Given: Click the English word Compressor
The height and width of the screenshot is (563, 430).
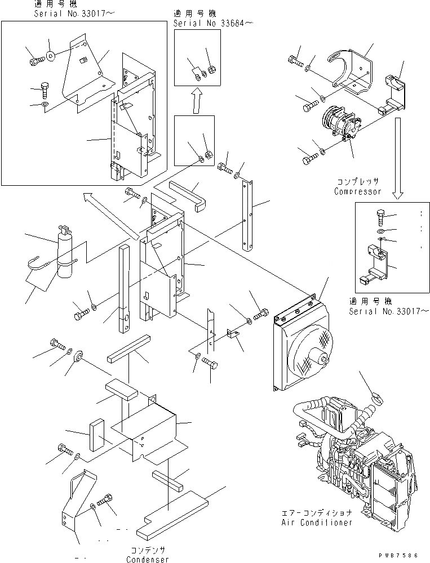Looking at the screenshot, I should [357, 191].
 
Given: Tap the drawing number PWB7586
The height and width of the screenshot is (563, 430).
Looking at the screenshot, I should [401, 555].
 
